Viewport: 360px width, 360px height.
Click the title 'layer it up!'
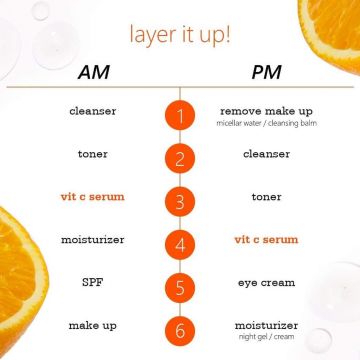pos(180,35)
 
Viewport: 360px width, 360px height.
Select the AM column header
pos(94,74)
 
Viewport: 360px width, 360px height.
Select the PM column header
pos(264,74)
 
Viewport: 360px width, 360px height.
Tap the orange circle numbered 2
pos(180,157)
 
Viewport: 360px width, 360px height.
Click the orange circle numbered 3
pos(180,199)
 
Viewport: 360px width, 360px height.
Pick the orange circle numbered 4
pos(180,241)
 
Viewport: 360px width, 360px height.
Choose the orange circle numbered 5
pos(180,283)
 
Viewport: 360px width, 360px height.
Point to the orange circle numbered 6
pos(180,326)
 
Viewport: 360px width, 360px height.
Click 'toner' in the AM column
pos(94,155)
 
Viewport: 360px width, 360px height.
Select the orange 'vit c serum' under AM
pos(94,198)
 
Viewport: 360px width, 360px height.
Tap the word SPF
pos(94,283)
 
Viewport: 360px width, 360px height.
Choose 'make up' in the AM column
pos(94,326)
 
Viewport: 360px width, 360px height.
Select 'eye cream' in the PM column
pos(266,283)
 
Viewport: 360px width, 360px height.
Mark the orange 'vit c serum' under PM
pos(266,240)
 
